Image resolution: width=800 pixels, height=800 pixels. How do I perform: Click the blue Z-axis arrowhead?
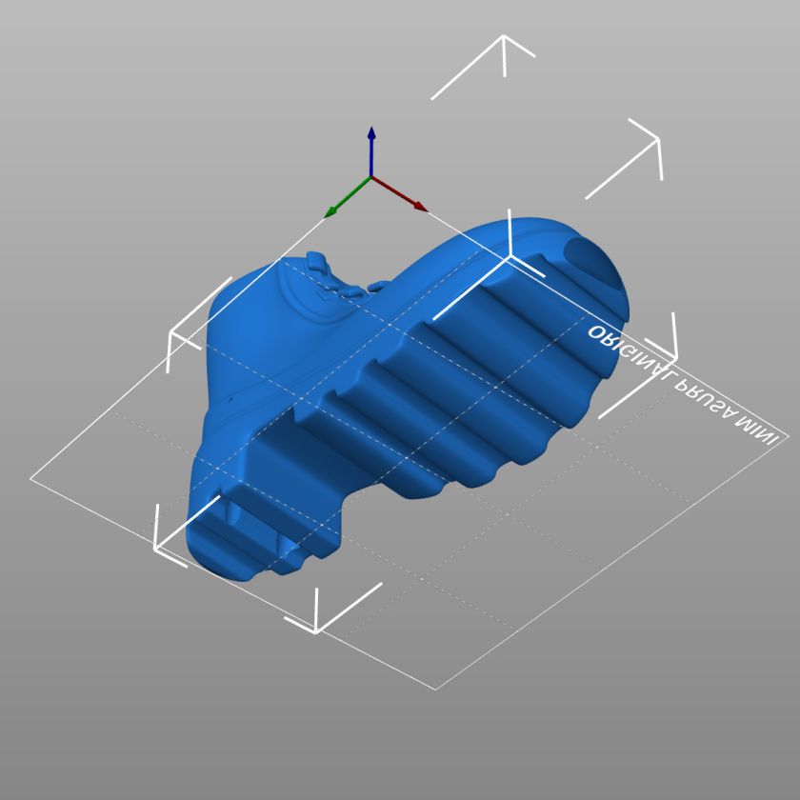tap(371, 132)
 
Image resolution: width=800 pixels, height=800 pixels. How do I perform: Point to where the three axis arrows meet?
tap(370, 177)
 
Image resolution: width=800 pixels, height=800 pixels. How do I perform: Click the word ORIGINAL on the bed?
tap(630, 354)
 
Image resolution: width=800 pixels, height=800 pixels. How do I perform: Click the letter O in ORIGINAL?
tap(595, 332)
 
